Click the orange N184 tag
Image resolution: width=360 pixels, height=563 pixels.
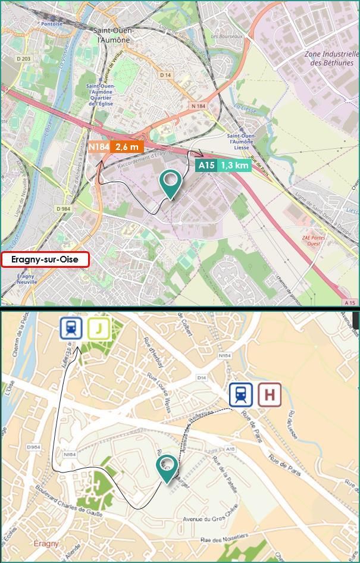pyautogui.click(x=98, y=147)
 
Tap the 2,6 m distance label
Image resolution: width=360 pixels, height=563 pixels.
pyautogui.click(x=127, y=147)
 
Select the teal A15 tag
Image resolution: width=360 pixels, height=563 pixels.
pyautogui.click(x=206, y=165)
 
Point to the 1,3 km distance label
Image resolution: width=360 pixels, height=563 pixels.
pyautogui.click(x=234, y=165)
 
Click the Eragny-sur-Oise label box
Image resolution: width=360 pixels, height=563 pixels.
pyautogui.click(x=45, y=259)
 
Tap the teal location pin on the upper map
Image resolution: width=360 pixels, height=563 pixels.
pyautogui.click(x=171, y=183)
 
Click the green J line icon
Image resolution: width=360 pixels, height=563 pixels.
pyautogui.click(x=99, y=328)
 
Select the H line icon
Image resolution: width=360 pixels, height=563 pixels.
pyautogui.click(x=270, y=395)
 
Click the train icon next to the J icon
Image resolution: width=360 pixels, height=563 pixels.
pyautogui.click(x=71, y=328)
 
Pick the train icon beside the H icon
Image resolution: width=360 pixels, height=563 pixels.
pyautogui.click(x=241, y=395)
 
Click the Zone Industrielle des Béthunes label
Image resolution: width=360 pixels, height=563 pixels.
pyautogui.click(x=332, y=58)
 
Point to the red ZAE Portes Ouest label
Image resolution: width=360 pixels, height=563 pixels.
pyautogui.click(x=314, y=240)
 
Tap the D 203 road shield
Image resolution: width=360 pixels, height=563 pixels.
pyautogui.click(x=23, y=58)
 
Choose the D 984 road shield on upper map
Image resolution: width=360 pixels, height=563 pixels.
pyautogui.click(x=63, y=209)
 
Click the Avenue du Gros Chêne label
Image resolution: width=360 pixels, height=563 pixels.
pyautogui.click(x=207, y=518)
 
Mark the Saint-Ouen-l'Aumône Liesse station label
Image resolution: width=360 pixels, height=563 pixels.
pyautogui.click(x=242, y=143)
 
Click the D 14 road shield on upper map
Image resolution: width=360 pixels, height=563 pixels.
pyautogui.click(x=165, y=75)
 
